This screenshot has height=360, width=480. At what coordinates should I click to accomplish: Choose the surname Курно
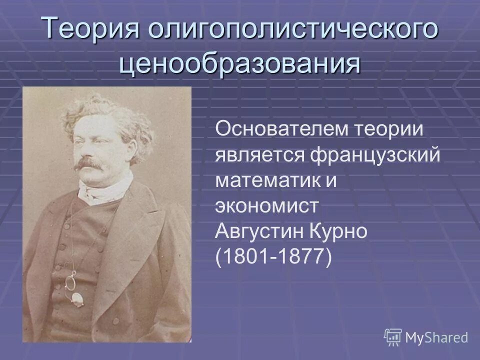[x=345, y=232]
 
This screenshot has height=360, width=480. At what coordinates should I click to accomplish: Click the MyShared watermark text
[x=436, y=337]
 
